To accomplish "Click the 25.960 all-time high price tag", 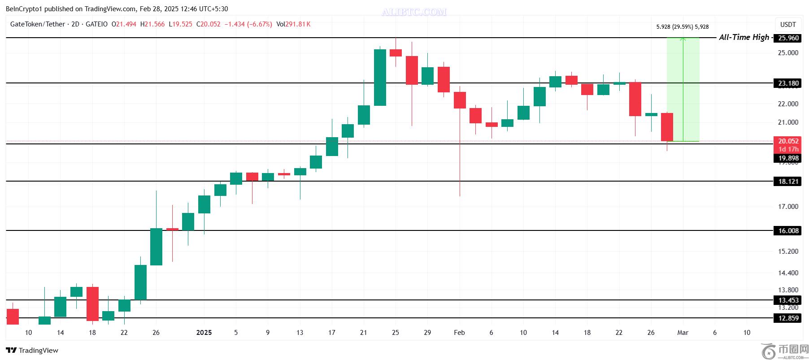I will pyautogui.click(x=788, y=38).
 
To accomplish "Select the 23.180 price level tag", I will pyautogui.click(x=788, y=83).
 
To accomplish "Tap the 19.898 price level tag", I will pyautogui.click(x=788, y=158).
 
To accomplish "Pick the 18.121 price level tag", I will pyautogui.click(x=788, y=182).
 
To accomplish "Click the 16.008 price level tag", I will pyautogui.click(x=788, y=231).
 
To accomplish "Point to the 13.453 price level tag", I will pyautogui.click(x=788, y=300).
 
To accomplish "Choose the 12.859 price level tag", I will pyautogui.click(x=788, y=318).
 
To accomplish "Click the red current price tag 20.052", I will pyautogui.click(x=788, y=141).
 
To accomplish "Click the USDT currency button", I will pyautogui.click(x=788, y=25).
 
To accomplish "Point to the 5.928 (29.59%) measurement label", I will pyautogui.click(x=682, y=27).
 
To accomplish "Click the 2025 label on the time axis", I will pyautogui.click(x=204, y=333).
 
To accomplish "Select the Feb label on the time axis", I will pyautogui.click(x=459, y=333).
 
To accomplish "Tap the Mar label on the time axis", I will pyautogui.click(x=683, y=333).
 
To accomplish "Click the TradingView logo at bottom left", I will pyautogui.click(x=32, y=351).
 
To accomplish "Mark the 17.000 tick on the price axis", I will pyautogui.click(x=788, y=207).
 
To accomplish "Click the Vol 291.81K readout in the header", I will pyautogui.click(x=293, y=24).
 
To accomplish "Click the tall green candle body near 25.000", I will pyautogui.click(x=380, y=78).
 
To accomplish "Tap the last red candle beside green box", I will pyautogui.click(x=667, y=127).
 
